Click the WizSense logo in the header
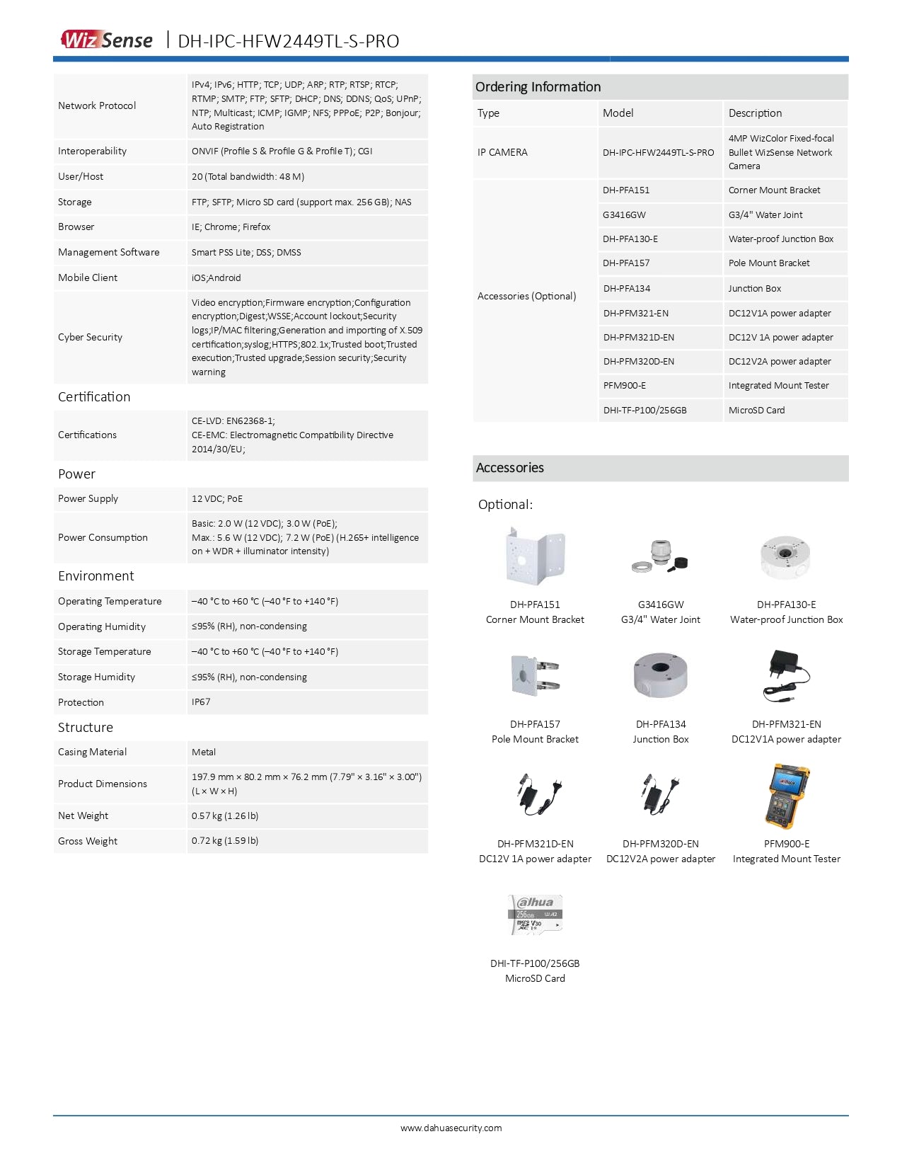point(107,40)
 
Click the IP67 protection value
point(201,702)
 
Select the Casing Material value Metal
point(204,752)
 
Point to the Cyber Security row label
point(90,337)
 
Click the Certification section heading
point(94,396)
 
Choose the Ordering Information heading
point(538,86)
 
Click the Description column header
point(755,113)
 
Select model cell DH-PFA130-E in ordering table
point(630,239)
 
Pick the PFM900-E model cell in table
point(624,385)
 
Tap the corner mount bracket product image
point(535,556)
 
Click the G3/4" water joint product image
point(661,556)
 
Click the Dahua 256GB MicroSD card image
point(536,915)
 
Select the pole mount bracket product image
point(535,675)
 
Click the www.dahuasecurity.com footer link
point(451,1128)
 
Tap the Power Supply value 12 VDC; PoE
point(217,498)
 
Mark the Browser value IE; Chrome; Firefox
point(231,227)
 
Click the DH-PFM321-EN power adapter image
point(786,675)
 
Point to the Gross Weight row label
point(88,841)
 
